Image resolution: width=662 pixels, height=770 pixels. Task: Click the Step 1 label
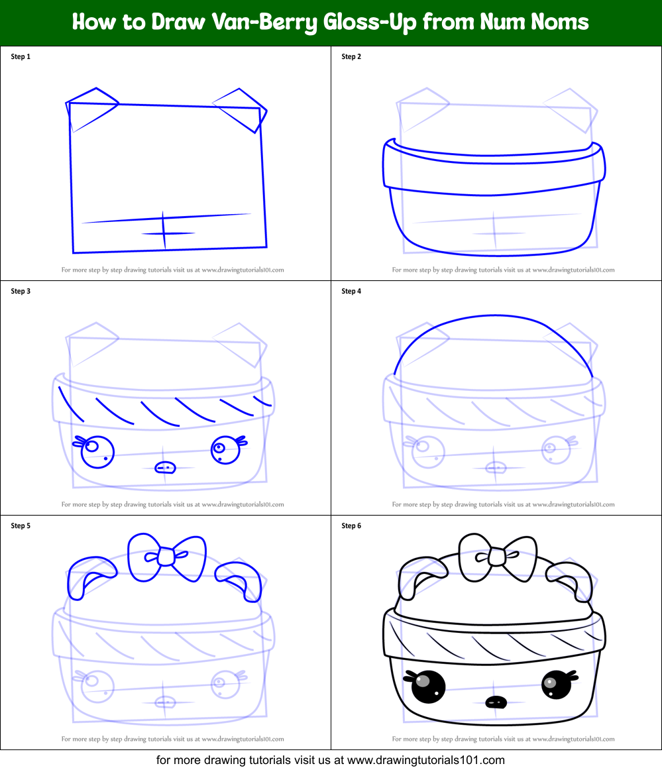[21, 57]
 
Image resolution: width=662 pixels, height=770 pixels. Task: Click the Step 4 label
[351, 292]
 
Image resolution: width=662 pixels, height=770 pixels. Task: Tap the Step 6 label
[351, 526]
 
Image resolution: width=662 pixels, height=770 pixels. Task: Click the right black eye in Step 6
[555, 685]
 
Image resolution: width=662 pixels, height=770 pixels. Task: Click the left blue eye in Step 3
[97, 451]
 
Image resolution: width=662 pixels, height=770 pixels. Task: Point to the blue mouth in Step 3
[166, 468]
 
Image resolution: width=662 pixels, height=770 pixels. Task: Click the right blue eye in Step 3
[225, 451]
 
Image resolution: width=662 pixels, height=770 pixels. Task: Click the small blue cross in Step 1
[164, 232]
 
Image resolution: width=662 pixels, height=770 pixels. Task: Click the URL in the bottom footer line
[426, 760]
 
